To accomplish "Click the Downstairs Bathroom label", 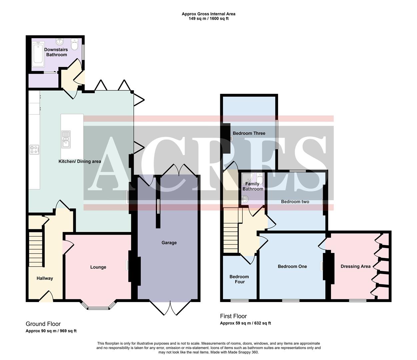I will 56,52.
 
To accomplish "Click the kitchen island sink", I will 66,139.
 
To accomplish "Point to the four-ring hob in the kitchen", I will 34,150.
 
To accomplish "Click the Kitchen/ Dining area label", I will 80,161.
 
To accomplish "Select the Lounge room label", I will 98,267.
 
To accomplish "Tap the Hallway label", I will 45,278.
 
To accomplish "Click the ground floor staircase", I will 36,249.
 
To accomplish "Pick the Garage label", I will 169,243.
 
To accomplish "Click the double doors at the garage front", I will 170,307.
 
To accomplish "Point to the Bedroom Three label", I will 249,133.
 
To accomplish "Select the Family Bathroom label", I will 253,186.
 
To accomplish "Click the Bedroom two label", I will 295,202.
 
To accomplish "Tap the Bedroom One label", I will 292,266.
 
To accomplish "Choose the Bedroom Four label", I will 239,279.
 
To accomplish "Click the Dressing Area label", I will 355,266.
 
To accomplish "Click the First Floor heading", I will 233,316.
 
